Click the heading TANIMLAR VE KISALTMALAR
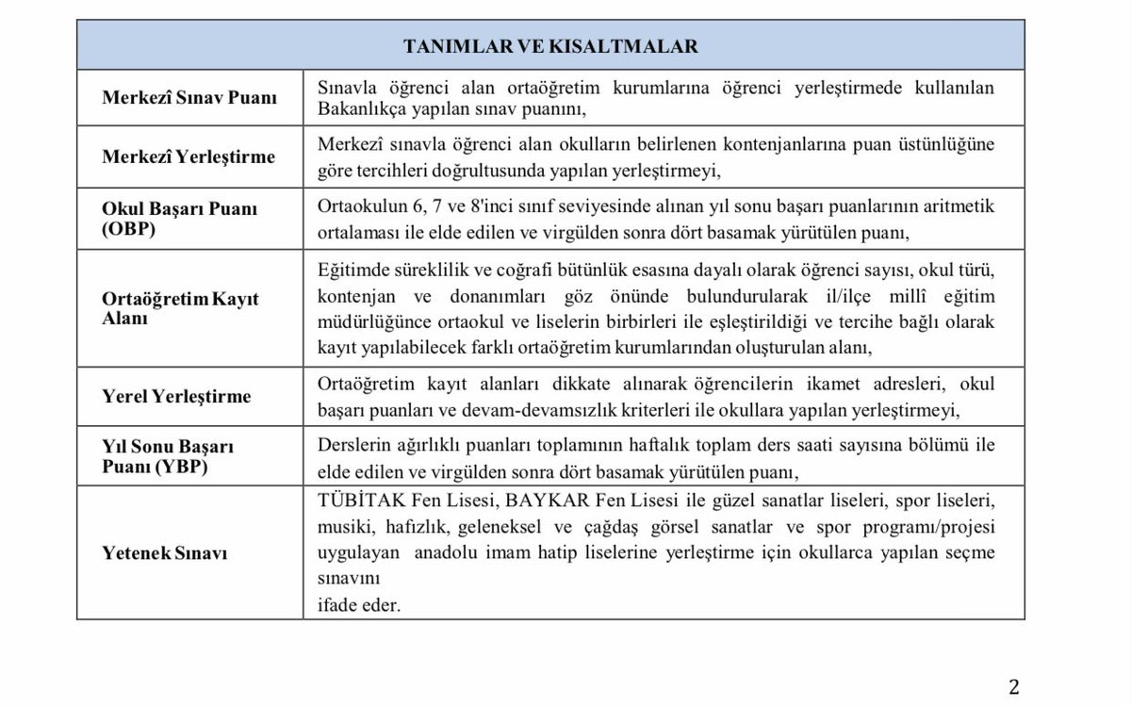click(x=550, y=46)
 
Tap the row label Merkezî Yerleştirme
click(x=188, y=156)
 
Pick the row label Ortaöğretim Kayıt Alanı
click(x=180, y=308)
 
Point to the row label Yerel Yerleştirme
click(x=176, y=396)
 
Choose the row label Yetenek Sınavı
click(x=165, y=553)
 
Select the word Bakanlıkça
click(x=357, y=109)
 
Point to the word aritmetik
click(x=959, y=206)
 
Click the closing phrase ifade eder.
click(x=359, y=605)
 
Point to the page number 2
click(x=1014, y=686)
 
